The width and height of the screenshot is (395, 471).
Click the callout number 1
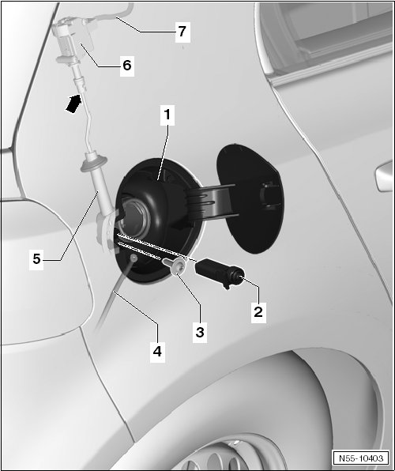click(167, 115)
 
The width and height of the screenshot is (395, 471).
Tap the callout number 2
click(258, 312)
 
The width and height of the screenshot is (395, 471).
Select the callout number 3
click(200, 332)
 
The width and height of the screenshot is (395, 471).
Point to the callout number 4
click(157, 351)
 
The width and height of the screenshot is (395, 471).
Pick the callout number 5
click(36, 258)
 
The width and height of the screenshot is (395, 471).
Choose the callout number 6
click(127, 65)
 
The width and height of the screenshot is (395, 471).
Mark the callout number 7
click(182, 32)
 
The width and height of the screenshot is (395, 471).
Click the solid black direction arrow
click(73, 104)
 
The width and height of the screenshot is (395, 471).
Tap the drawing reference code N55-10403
click(361, 458)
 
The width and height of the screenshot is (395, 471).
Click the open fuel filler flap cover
click(250, 199)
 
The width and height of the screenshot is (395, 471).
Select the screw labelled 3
click(175, 266)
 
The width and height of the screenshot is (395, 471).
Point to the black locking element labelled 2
click(220, 272)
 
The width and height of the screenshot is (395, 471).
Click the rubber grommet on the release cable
click(94, 163)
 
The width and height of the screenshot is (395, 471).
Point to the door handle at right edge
click(385, 177)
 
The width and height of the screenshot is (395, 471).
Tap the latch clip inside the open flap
click(269, 194)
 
